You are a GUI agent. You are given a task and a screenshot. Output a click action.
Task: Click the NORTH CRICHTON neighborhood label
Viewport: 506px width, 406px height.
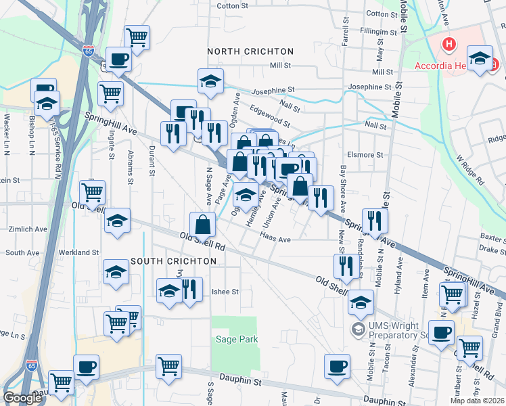pos(250,51)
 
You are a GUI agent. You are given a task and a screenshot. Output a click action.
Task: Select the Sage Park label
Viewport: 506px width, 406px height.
pos(236,339)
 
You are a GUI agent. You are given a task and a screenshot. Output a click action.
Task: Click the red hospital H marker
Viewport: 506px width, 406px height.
pos(448,45)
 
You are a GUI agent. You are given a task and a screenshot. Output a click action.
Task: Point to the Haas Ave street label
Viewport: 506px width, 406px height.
pos(276,239)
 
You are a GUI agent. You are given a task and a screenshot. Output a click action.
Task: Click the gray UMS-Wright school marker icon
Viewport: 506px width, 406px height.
pos(357,329)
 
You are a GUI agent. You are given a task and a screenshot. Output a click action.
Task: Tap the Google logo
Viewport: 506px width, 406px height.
pos(23,398)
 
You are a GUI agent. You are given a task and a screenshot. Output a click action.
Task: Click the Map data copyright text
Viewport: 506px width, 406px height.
pos(478,401)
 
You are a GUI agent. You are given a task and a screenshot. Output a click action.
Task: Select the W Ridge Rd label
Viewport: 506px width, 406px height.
pos(470,168)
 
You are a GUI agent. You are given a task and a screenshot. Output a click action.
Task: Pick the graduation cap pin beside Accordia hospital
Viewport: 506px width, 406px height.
pos(480,59)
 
